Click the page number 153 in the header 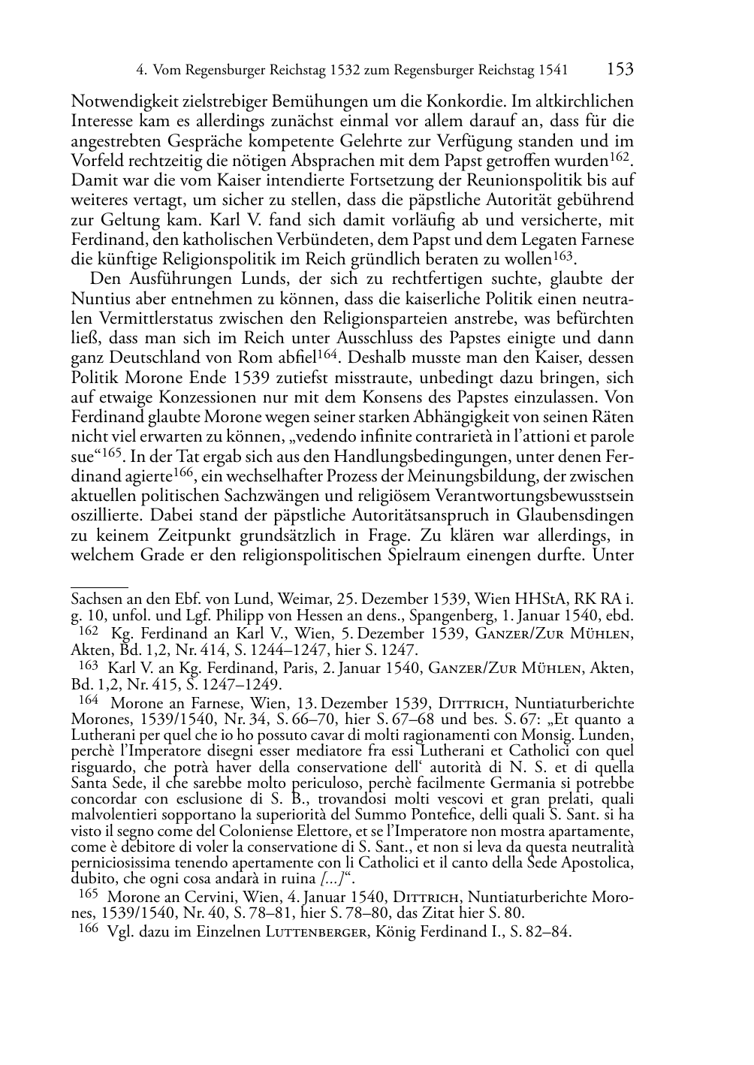click(620, 70)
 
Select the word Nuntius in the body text click(97, 300)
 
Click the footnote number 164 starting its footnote click(89, 701)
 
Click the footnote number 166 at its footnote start click(89, 931)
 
